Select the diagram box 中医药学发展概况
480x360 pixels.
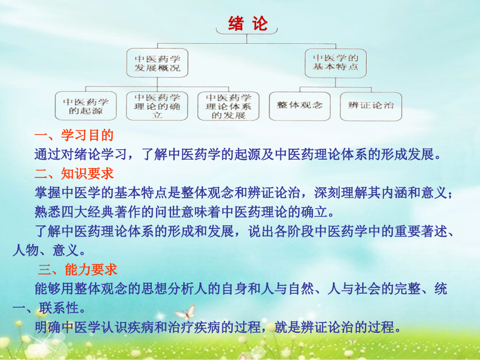(x=157, y=63)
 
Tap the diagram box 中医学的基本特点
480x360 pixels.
(x=335, y=63)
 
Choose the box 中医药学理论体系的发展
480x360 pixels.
(x=228, y=106)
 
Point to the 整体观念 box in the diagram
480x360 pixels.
(x=299, y=105)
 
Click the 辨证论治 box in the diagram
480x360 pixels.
(x=371, y=105)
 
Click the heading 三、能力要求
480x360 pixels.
(x=78, y=269)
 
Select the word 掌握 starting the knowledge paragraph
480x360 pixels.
(x=46, y=193)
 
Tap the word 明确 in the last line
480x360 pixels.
(x=46, y=328)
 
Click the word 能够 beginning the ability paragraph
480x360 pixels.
(x=46, y=289)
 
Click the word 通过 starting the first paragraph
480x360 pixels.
(x=46, y=154)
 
